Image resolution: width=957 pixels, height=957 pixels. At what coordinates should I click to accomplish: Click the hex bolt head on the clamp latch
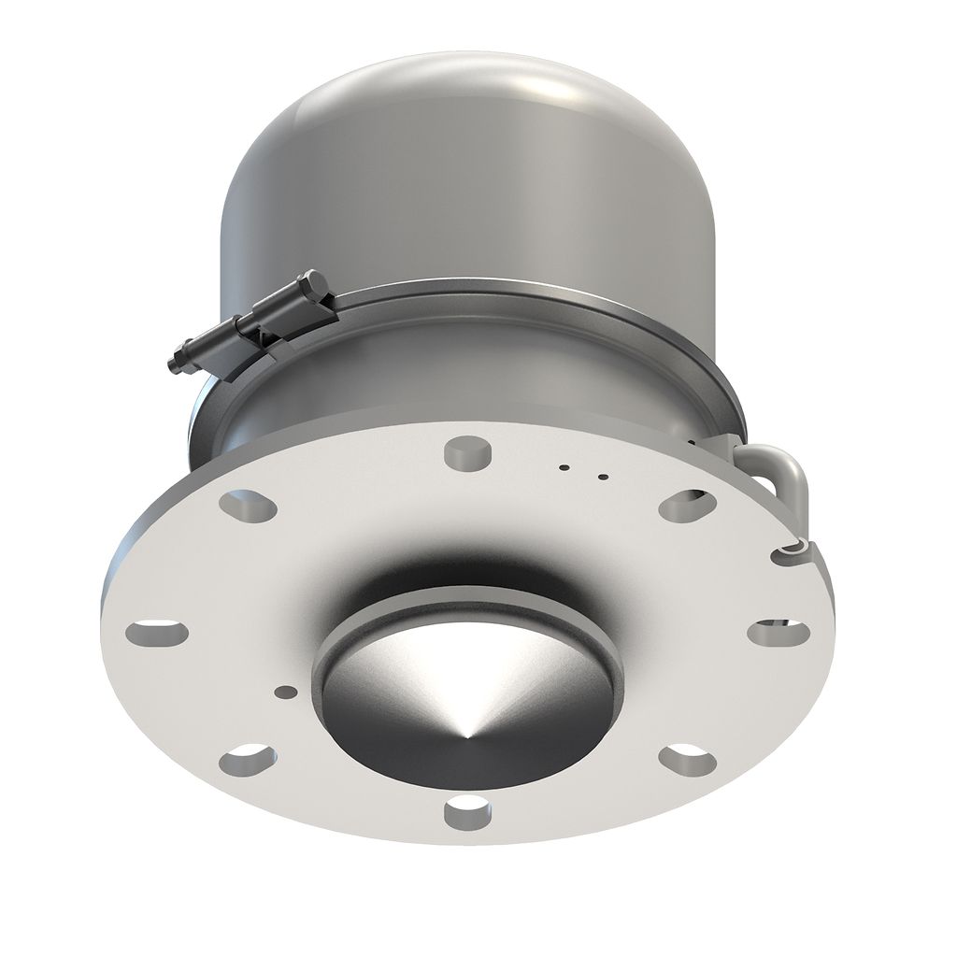(312, 284)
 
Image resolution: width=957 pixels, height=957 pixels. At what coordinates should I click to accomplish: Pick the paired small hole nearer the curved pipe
(603, 478)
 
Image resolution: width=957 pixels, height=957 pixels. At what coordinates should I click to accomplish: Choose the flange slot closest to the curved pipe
(687, 506)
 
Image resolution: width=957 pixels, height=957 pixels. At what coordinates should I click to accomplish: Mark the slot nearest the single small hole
(250, 757)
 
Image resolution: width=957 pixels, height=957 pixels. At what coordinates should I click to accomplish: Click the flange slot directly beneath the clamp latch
(248, 506)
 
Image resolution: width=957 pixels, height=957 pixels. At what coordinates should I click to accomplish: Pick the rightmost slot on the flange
(778, 631)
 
